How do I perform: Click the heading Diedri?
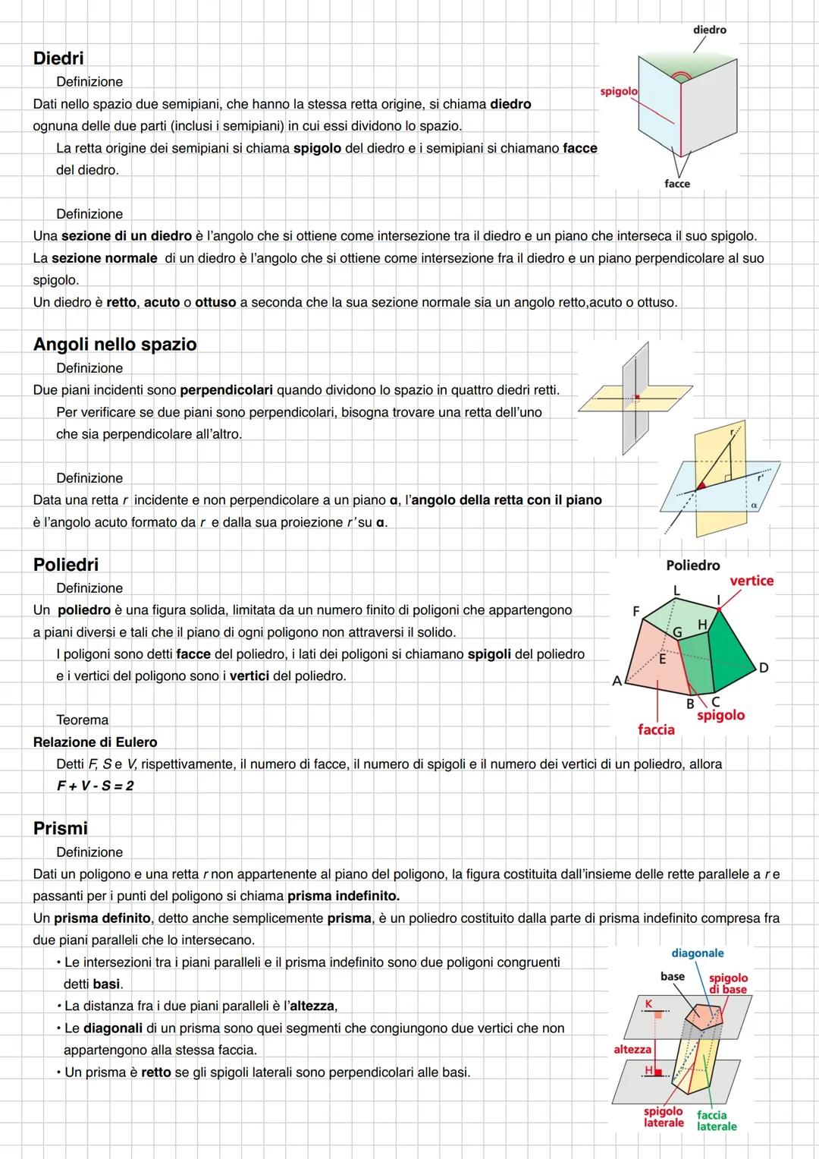tap(58, 58)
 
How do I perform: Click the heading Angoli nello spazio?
tap(115, 344)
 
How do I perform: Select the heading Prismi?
tap(60, 828)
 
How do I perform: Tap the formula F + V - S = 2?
tap(95, 786)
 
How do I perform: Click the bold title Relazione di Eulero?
tap(95, 742)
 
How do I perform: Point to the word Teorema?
tap(82, 720)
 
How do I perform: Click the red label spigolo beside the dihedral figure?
tap(618, 91)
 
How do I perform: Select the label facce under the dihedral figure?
tap(676, 184)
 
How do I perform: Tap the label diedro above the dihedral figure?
tap(709, 30)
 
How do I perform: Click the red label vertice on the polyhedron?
tap(751, 581)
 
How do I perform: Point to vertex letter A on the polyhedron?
tap(617, 681)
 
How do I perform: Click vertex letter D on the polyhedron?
tap(764, 668)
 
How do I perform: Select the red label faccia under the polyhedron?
tap(656, 729)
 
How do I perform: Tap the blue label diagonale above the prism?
tap(697, 953)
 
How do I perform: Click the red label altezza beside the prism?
tap(632, 1049)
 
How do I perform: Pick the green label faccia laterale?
tap(716, 1121)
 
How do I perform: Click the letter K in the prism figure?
tap(648, 1003)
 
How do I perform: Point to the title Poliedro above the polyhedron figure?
tap(692, 565)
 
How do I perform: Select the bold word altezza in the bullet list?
tap(312, 1006)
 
